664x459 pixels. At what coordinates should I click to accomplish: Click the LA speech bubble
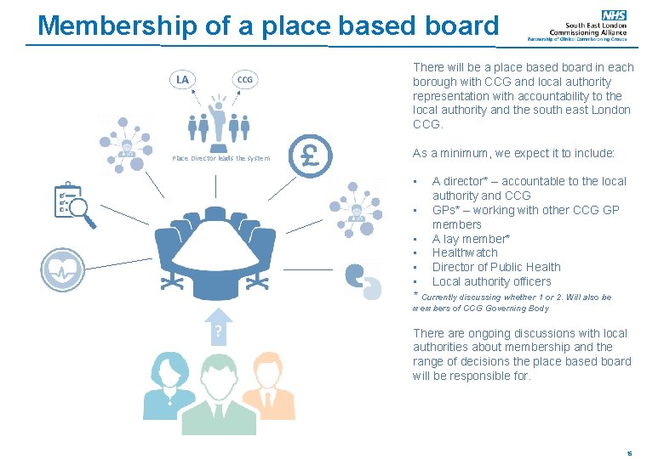tap(182, 80)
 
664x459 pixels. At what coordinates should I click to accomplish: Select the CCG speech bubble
tap(244, 80)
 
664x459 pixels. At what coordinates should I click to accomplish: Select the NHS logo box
tap(613, 14)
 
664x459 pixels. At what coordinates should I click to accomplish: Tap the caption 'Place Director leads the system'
tap(220, 158)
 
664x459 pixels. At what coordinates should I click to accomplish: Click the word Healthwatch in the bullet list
tap(464, 252)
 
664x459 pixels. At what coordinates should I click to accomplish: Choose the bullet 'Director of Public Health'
tap(496, 267)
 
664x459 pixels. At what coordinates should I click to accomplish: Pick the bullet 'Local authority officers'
tap(491, 281)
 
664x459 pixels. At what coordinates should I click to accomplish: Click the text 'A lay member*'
tap(471, 239)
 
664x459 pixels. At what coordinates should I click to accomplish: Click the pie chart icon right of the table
tap(362, 280)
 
